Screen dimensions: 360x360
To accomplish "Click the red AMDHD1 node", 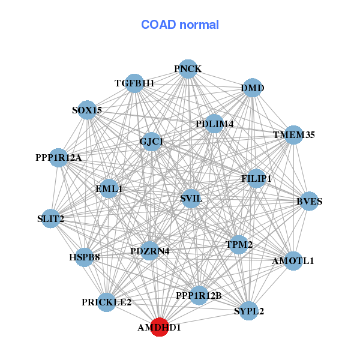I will tap(159, 328).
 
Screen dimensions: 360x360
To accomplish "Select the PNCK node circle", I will tap(188, 69).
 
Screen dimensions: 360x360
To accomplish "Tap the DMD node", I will tap(253, 89).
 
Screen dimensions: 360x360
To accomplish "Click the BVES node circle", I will tap(308, 201).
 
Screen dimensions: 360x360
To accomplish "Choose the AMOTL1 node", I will tap(293, 261).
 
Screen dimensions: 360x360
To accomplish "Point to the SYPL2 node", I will tap(249, 311).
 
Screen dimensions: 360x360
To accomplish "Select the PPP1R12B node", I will tap(199, 295).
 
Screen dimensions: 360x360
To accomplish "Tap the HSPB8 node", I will tap(84, 257).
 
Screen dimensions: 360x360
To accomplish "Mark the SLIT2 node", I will tap(51, 219).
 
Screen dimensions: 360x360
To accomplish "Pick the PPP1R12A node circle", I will tap(59, 158).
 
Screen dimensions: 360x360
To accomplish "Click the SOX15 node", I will tap(88, 110).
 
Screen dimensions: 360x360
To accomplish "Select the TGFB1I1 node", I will tap(134, 83).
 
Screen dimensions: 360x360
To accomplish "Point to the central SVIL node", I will tap(191, 199).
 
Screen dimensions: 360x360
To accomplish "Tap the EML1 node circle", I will tap(109, 188).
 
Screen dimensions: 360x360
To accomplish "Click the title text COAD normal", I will tap(180, 25).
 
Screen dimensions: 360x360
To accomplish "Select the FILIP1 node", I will tap(256, 179).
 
